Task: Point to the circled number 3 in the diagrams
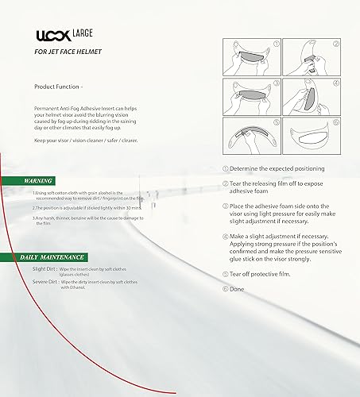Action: tap(277, 82)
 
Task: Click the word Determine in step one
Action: tap(248, 169)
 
